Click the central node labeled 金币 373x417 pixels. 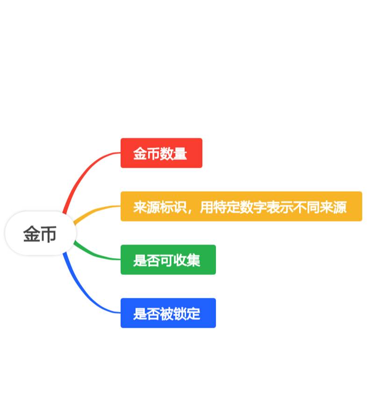[40, 234]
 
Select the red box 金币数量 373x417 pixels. [161, 153]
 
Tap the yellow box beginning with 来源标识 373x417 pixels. [241, 206]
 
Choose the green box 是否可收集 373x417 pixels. [168, 259]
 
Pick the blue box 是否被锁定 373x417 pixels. [168, 313]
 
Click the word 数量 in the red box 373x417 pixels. [173, 153]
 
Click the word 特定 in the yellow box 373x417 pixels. [226, 207]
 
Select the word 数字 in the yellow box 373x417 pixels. [253, 207]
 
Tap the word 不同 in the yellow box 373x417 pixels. [306, 207]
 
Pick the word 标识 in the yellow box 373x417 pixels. [173, 207]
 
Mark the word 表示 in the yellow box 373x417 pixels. [280, 207]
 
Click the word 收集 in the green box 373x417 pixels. [187, 260]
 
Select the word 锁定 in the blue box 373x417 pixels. [187, 313]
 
